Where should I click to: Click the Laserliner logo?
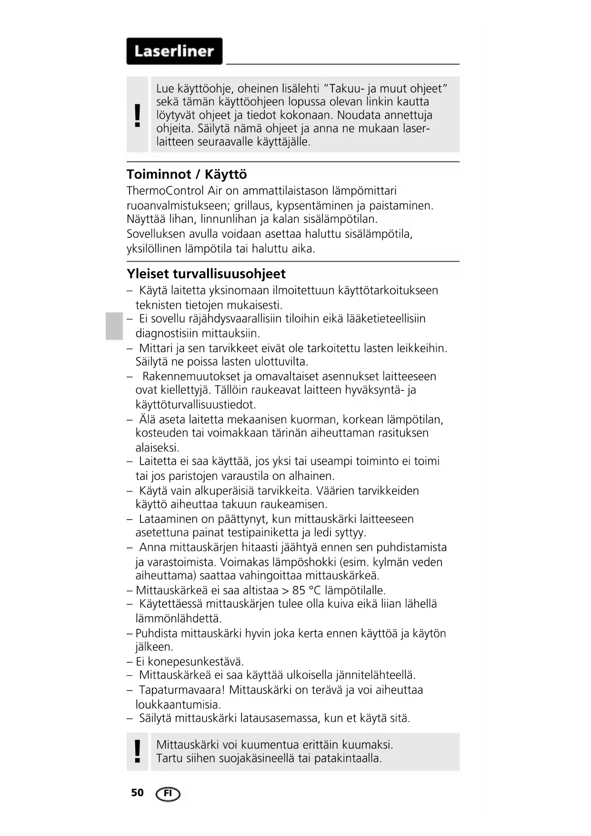(x=174, y=51)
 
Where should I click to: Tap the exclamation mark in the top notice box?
(x=138, y=115)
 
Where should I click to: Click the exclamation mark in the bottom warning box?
(x=138, y=751)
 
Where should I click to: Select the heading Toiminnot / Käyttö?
(x=187, y=174)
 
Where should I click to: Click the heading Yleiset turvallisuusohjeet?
(x=206, y=274)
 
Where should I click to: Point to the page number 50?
(x=137, y=793)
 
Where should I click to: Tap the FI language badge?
(x=168, y=794)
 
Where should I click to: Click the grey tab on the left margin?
(x=114, y=326)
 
